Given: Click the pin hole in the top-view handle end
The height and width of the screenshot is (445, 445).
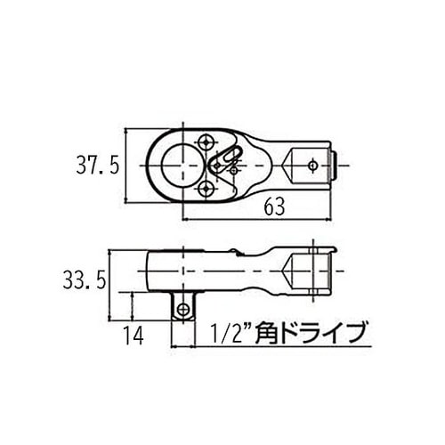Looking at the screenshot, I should pos(312,164).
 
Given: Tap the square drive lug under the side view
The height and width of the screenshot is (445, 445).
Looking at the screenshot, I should pos(184,306).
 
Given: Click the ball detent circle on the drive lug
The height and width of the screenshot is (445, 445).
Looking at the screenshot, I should pos(184,309).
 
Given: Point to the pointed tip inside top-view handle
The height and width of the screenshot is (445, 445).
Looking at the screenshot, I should pos(287,164).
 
